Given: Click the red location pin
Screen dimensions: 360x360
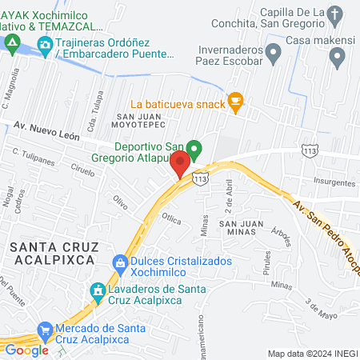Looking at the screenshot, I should coord(181,163).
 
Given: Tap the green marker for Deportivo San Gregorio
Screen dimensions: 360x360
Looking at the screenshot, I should coord(194,149).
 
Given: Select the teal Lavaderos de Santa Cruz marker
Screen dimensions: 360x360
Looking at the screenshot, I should coord(98,292).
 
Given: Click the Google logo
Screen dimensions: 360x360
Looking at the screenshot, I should coord(27,350).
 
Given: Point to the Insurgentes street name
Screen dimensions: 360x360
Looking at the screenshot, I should coord(334,182).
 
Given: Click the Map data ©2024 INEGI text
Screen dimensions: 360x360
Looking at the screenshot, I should coord(311,353).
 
